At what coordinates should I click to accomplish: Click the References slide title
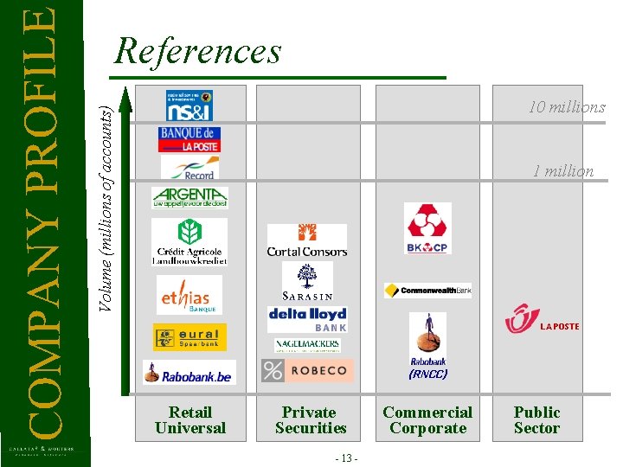click(198, 51)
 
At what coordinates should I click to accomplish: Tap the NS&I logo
click(189, 106)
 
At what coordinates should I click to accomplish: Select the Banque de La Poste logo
click(189, 139)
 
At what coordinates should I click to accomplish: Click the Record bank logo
click(189, 168)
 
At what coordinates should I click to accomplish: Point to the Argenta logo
click(189, 198)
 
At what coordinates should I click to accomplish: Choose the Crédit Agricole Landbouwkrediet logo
click(189, 241)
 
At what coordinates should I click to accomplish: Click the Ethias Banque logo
click(189, 295)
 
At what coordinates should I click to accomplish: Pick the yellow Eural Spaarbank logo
click(189, 336)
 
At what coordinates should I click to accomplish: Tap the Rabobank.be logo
click(189, 373)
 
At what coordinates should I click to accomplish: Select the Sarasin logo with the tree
click(307, 281)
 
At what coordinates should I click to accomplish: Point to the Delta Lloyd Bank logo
click(307, 318)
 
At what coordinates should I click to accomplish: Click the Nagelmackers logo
click(307, 345)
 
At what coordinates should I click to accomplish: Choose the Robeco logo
click(307, 371)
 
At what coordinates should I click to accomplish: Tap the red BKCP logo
click(427, 228)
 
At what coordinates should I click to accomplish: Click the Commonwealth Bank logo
click(427, 291)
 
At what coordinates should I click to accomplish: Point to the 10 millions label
click(567, 107)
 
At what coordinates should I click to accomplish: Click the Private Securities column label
click(310, 420)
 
